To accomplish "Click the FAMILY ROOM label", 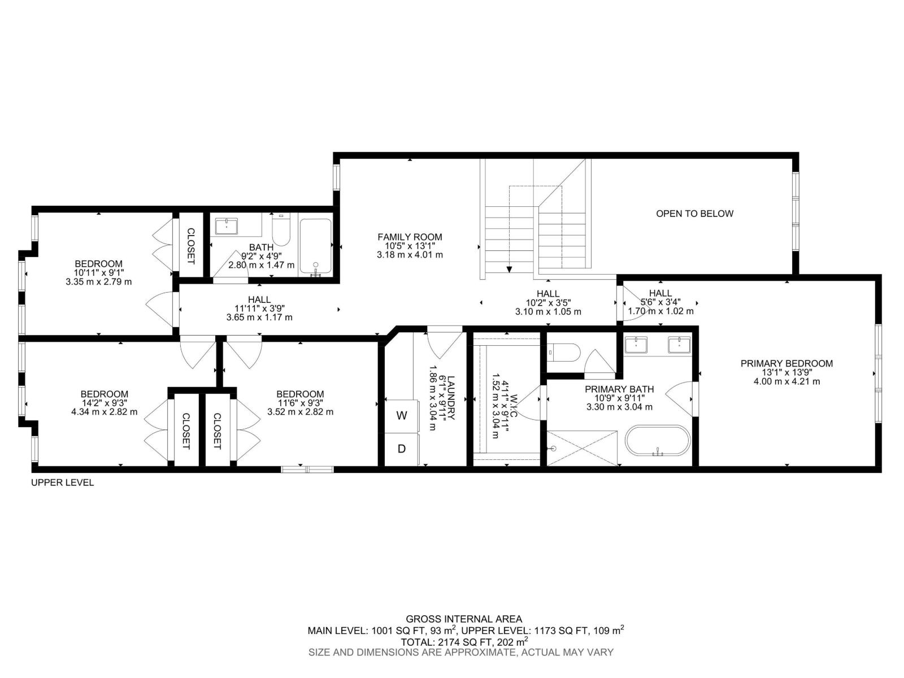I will click(410, 237).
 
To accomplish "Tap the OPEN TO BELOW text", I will click(694, 214).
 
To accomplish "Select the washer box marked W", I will click(402, 416).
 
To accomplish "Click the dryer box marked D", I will click(402, 449).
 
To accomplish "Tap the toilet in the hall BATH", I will click(281, 231).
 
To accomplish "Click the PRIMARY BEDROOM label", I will click(786, 363).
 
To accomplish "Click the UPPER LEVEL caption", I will click(62, 483).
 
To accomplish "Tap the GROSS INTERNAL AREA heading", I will click(464, 619).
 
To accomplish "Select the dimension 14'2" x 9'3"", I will click(104, 403).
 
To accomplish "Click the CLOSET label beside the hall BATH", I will click(190, 246).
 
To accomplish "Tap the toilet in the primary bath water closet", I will click(565, 354).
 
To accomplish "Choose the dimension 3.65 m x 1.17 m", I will click(259, 318).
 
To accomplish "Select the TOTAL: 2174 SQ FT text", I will click(464, 642).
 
